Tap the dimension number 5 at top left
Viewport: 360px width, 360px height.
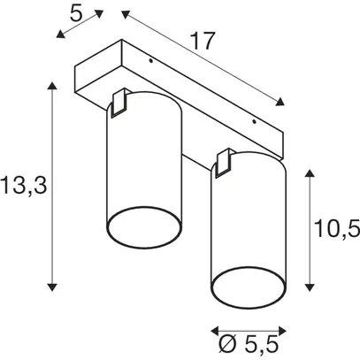point(75,13)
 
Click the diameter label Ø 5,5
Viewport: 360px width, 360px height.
point(249,341)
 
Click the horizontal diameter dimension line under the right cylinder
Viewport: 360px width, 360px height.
point(249,321)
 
